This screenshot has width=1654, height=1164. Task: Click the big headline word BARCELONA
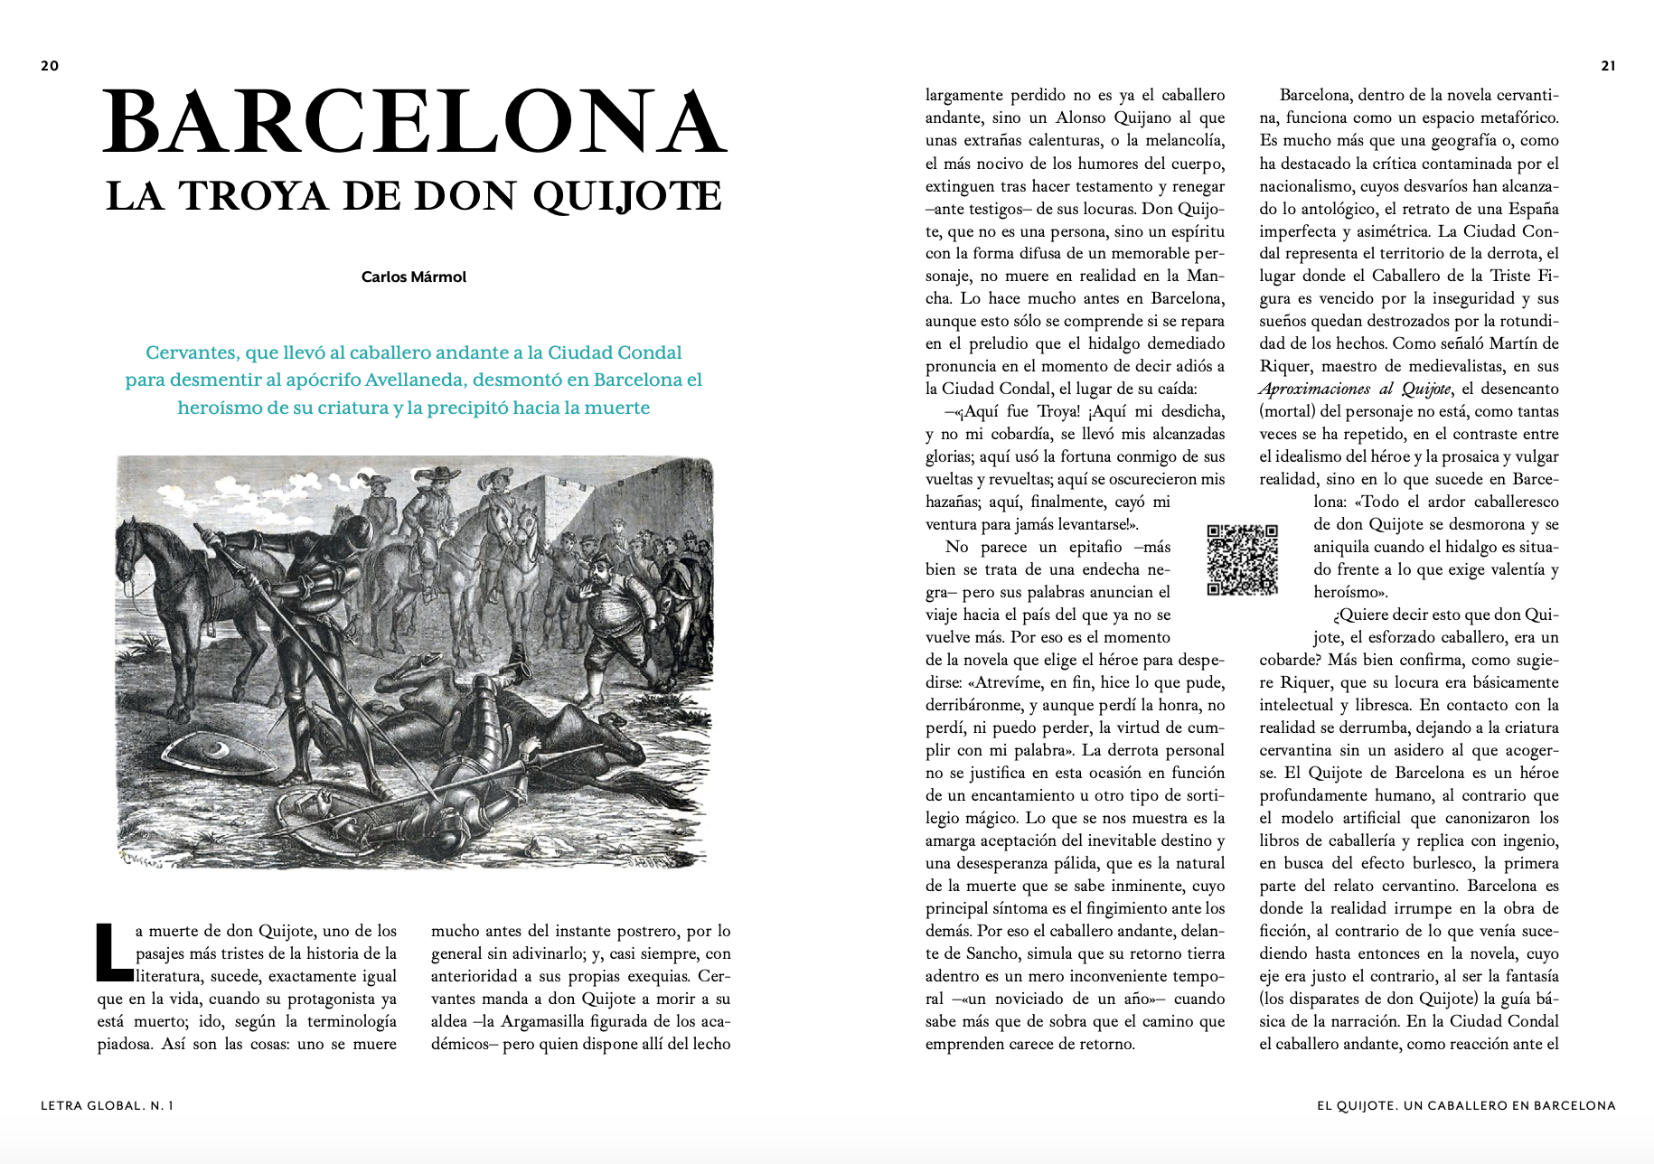[x=415, y=125]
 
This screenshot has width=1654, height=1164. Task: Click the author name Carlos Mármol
[x=414, y=277]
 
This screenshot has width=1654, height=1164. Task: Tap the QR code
[x=1243, y=559]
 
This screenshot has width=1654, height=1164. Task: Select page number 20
[x=50, y=65]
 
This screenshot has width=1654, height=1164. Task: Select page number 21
[x=1608, y=65]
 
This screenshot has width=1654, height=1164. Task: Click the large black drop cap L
[x=113, y=952]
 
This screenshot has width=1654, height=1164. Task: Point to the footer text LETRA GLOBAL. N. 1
[x=107, y=1105]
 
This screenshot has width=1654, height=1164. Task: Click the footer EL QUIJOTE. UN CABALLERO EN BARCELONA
[x=1466, y=1105]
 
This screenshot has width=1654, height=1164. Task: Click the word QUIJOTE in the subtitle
[x=627, y=196]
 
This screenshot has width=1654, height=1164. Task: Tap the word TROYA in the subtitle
[x=257, y=196]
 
